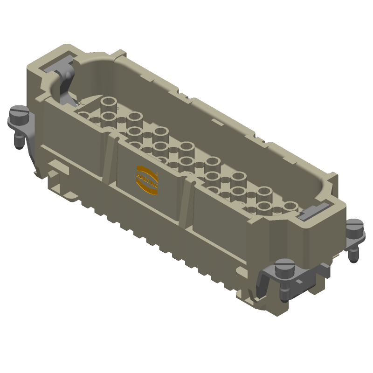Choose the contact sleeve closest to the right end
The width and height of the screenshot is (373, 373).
pyautogui.click(x=290, y=206)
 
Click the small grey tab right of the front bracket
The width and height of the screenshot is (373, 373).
pyautogui.click(x=323, y=270)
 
